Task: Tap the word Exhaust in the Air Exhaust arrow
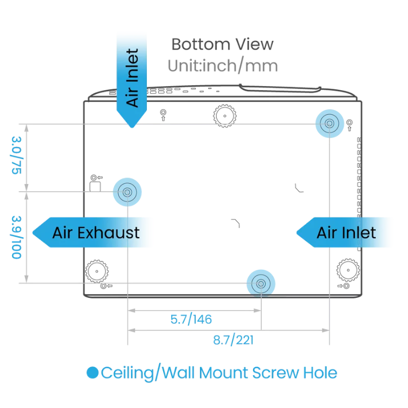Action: [x=114, y=233]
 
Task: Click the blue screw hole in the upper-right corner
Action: [x=329, y=123]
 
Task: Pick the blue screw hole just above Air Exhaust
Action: [x=127, y=191]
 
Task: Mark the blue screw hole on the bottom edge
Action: [x=261, y=283]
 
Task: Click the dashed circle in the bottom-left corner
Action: [x=96, y=270]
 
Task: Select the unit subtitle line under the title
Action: [x=222, y=66]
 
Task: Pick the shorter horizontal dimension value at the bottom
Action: [x=191, y=320]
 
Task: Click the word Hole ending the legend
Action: [x=319, y=373]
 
